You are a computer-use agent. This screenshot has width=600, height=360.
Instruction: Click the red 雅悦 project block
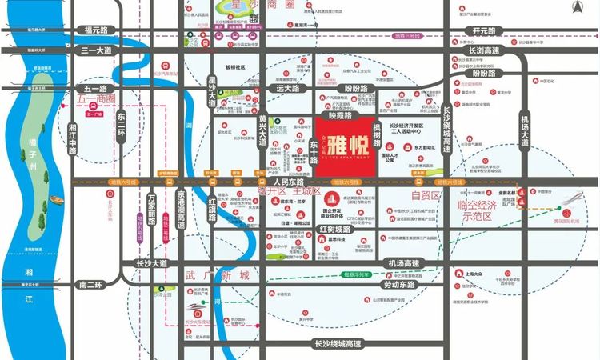[x=341, y=150]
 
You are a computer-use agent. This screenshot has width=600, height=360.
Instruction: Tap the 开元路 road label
[x=484, y=30]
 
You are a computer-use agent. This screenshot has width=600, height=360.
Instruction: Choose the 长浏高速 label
[x=485, y=50]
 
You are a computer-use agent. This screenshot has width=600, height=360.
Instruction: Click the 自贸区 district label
[x=426, y=195]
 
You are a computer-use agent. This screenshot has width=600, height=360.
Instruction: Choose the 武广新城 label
[x=217, y=275]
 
